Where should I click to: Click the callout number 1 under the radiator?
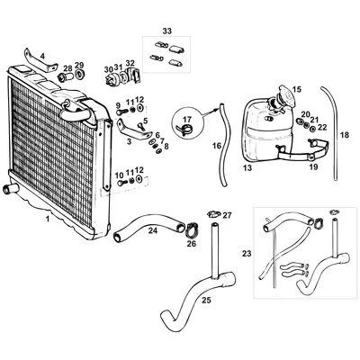pyautogui.click(x=48, y=217)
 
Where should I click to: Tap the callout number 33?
pyautogui.click(x=166, y=31)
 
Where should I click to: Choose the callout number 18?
pyautogui.click(x=342, y=135)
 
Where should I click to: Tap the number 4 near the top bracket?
pyautogui.click(x=40, y=56)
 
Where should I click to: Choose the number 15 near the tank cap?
pyautogui.click(x=297, y=90)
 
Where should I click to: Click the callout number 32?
pyautogui.click(x=130, y=62)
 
